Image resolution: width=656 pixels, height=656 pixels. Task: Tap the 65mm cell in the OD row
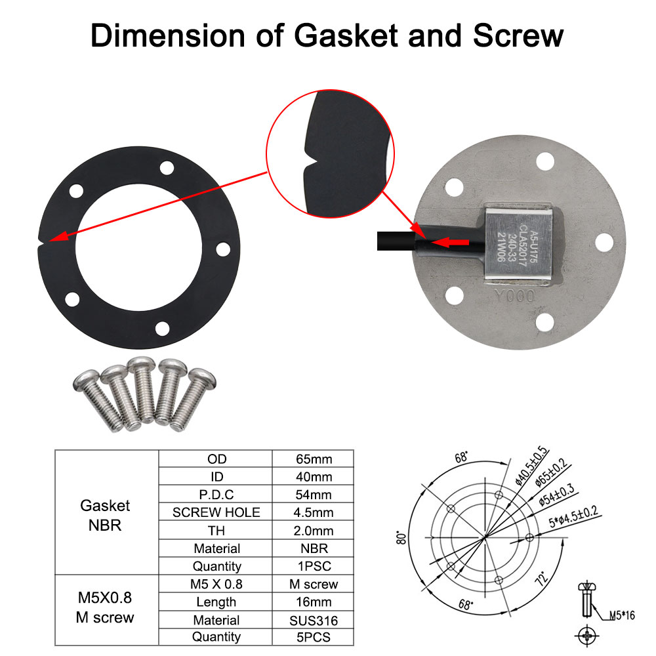click(x=314, y=459)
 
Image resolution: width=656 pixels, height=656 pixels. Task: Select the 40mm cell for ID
click(x=314, y=476)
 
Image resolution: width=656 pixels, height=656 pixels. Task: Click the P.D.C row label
click(x=216, y=495)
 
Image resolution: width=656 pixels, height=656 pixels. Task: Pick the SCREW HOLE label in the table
click(x=216, y=512)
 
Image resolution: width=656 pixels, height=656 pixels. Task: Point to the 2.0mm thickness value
click(x=314, y=531)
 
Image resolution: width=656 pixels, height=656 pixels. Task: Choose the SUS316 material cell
click(x=314, y=620)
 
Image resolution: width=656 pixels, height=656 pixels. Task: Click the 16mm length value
click(x=314, y=602)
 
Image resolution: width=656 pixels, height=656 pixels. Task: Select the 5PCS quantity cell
click(x=314, y=637)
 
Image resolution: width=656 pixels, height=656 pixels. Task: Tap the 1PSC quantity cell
click(x=314, y=566)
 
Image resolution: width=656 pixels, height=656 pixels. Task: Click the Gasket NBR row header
click(x=106, y=515)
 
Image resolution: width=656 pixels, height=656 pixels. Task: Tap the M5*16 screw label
click(x=621, y=615)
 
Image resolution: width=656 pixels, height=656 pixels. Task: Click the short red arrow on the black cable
click(x=453, y=243)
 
